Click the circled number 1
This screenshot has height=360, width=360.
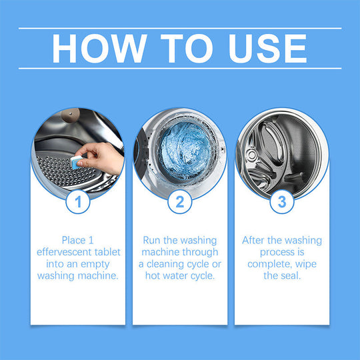pyautogui.click(x=78, y=201)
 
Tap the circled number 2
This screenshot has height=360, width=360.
pyautogui.click(x=179, y=201)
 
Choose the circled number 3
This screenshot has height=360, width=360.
pyautogui.click(x=281, y=201)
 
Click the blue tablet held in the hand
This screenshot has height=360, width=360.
pyautogui.click(x=79, y=161)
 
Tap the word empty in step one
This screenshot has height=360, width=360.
pyautogui.click(x=103, y=264)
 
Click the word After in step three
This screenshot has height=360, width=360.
pyautogui.click(x=256, y=240)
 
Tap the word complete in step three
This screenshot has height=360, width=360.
pyautogui.click(x=266, y=264)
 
